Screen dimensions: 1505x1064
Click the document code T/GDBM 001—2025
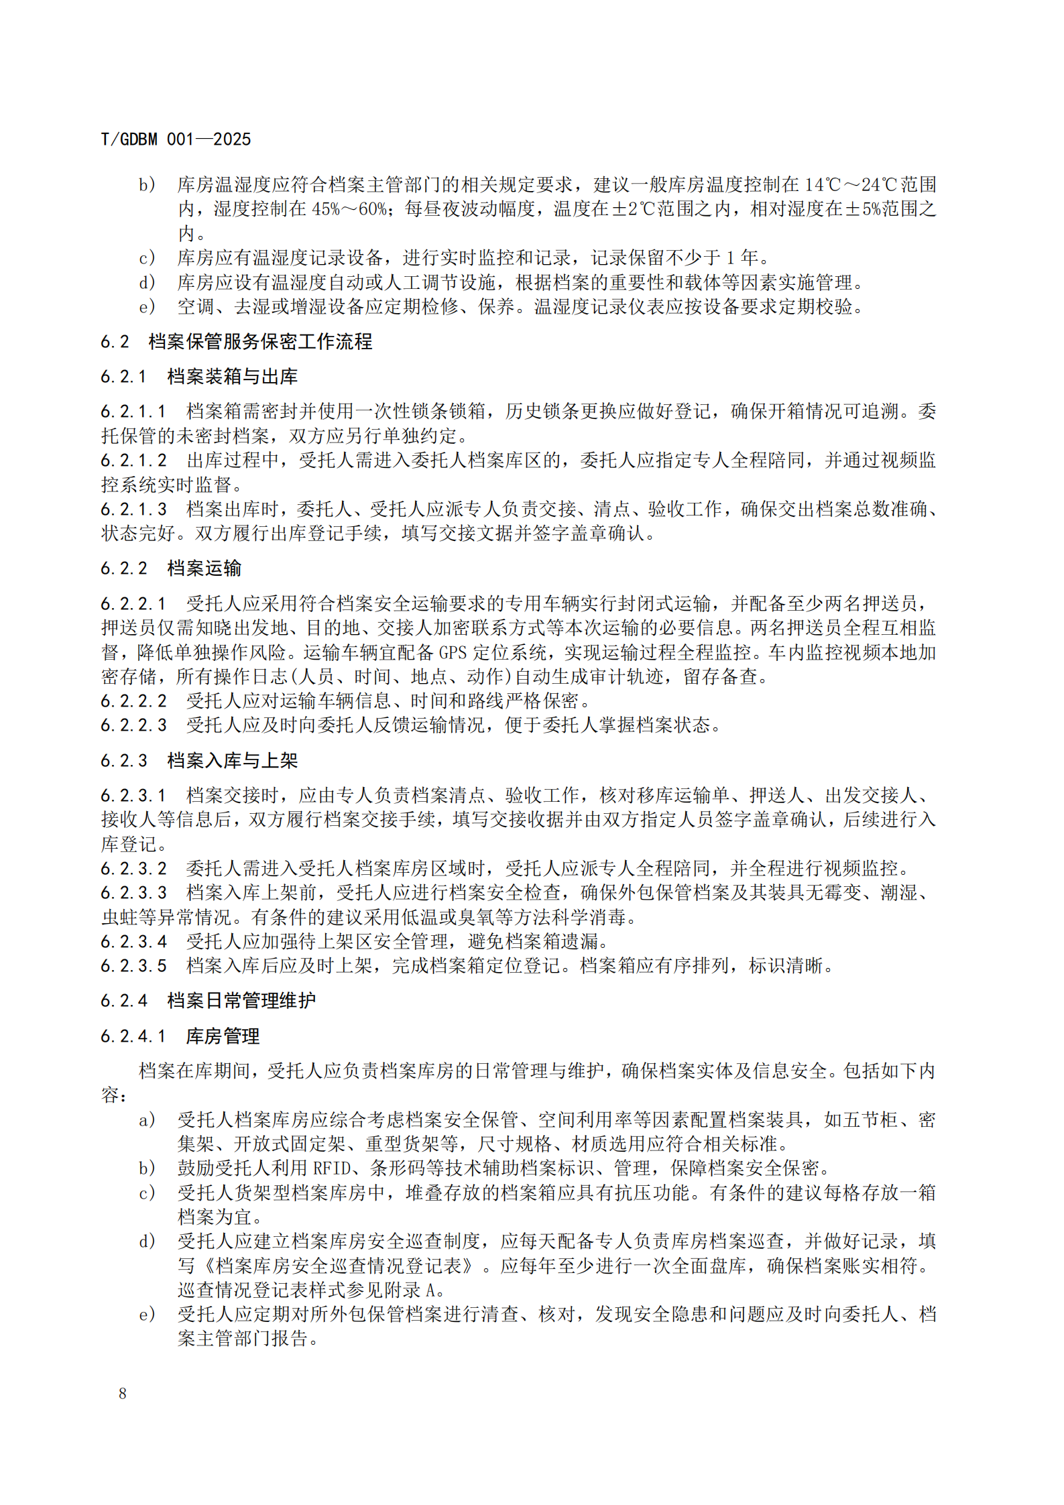tap(176, 139)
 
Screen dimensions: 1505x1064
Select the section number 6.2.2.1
tap(133, 604)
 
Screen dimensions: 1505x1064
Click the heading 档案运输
tap(204, 568)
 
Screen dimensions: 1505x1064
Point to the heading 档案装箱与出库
tap(232, 377)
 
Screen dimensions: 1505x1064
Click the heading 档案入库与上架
tap(232, 761)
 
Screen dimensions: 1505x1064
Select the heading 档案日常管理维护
tap(241, 1001)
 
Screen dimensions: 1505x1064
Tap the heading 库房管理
tap(223, 1036)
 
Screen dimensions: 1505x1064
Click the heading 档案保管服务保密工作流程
tap(260, 342)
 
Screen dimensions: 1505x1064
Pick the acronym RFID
tap(333, 1168)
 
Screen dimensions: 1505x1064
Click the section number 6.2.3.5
tap(133, 966)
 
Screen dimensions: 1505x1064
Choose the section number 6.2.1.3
tap(133, 509)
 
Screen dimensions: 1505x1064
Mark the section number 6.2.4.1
tap(133, 1036)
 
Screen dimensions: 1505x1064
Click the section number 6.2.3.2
tap(133, 869)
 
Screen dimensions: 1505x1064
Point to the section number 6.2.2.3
tap(133, 725)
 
